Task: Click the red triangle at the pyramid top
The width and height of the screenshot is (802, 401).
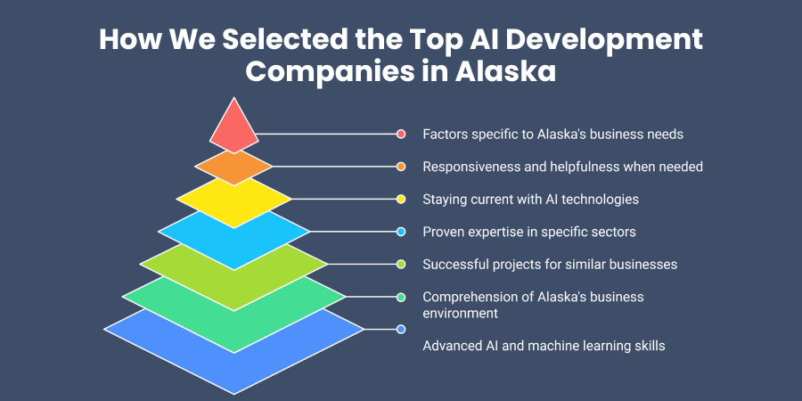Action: [233, 127]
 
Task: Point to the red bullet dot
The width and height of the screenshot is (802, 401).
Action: [401, 134]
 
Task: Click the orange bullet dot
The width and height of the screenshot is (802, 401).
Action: [401, 167]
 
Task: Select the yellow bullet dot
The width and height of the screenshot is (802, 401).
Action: [401, 199]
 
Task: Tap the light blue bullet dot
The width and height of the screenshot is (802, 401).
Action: [401, 232]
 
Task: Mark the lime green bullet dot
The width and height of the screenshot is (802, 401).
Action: [401, 264]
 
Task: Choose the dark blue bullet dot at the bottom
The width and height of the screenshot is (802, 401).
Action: [401, 330]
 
